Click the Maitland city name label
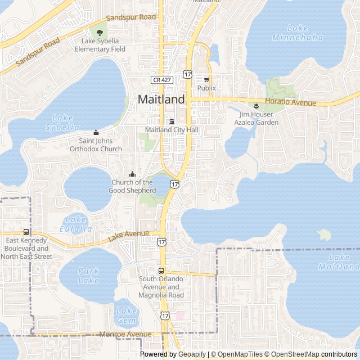(161, 100)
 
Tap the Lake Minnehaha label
(305, 33)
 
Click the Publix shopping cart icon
(206, 80)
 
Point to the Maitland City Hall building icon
(172, 122)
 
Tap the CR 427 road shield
(161, 80)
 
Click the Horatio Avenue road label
(290, 102)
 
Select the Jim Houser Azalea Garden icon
(256, 106)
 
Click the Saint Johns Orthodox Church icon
(96, 133)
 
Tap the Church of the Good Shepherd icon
(132, 174)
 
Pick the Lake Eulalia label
(76, 224)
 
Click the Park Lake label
(88, 275)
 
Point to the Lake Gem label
(126, 315)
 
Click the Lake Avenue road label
(128, 237)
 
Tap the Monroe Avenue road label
(125, 334)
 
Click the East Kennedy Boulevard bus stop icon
(26, 232)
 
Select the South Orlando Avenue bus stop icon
(161, 271)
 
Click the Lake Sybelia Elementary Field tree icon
(100, 33)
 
